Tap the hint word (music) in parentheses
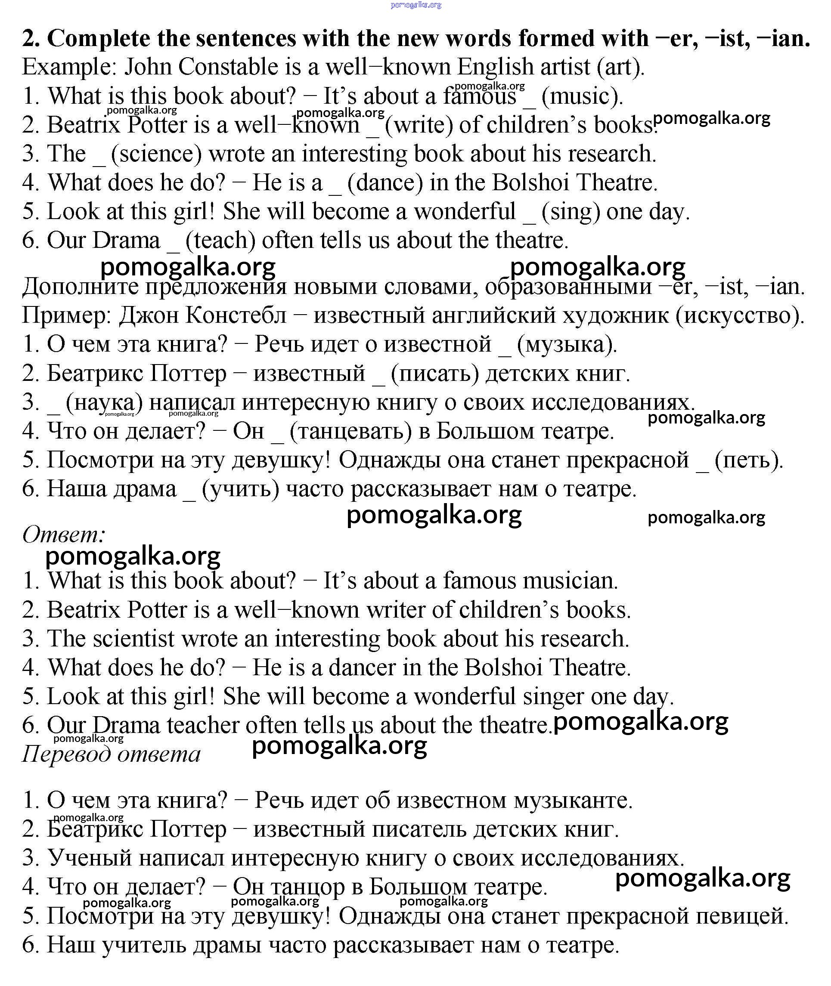click(x=582, y=96)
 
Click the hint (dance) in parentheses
click(x=385, y=183)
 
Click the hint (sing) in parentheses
click(x=571, y=212)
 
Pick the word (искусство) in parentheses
click(x=740, y=315)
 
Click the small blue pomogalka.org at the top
click(x=416, y=5)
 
